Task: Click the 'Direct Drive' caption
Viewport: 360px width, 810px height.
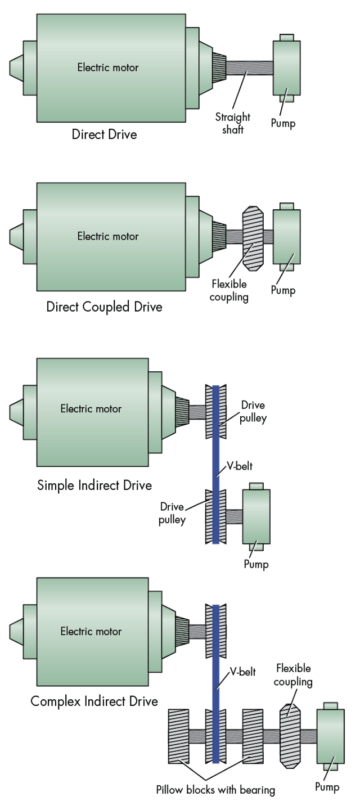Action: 105,135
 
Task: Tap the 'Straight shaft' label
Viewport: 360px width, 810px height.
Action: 232,123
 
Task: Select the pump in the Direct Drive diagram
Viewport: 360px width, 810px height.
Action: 286,67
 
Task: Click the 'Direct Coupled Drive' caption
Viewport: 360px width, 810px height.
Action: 104,307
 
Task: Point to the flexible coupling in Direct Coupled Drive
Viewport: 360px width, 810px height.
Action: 253,237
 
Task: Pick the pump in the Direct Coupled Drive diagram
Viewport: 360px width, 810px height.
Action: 286,237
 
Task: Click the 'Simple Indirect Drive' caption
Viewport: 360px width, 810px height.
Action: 94,485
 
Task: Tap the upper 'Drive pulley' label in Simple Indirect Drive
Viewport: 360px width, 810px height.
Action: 253,412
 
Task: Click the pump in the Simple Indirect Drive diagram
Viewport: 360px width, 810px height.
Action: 256,516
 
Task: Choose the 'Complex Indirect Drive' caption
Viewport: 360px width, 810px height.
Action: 94,701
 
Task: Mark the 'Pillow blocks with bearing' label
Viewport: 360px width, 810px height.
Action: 215,790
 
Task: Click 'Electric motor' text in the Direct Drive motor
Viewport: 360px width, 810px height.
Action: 108,67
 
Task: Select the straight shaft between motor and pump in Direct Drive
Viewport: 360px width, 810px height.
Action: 250,68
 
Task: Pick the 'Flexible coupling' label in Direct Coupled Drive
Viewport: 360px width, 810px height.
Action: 229,291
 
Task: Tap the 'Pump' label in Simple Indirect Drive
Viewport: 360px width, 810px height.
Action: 256,564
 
